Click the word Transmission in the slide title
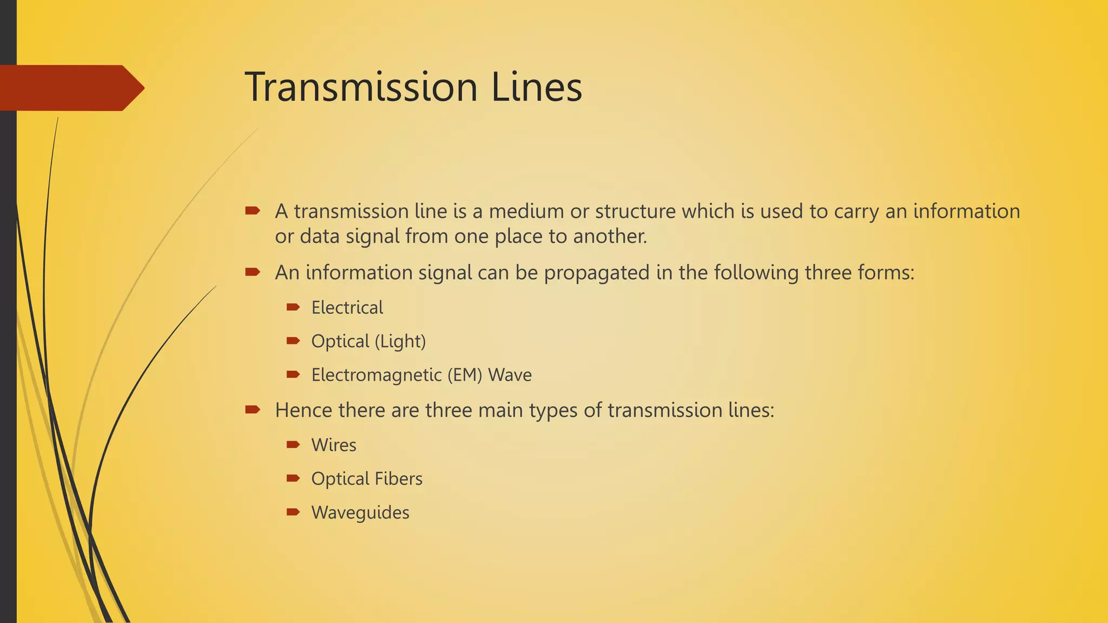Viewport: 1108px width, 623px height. [361, 87]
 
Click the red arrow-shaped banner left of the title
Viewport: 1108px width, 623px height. [70, 88]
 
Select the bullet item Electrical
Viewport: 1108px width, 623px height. [347, 308]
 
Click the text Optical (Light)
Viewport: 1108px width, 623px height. [368, 341]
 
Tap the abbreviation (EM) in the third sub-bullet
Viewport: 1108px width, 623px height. [464, 375]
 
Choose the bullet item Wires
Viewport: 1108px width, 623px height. [334, 445]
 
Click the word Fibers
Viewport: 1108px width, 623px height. [399, 479]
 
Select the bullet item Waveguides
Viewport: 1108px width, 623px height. [360, 513]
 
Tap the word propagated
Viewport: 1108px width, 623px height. [596, 273]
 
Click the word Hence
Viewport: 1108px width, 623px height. [304, 410]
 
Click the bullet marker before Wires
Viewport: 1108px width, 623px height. [293, 445]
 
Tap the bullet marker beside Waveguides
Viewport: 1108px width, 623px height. [293, 512]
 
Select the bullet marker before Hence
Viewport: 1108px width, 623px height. [253, 409]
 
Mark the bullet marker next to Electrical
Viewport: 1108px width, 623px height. [293, 307]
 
